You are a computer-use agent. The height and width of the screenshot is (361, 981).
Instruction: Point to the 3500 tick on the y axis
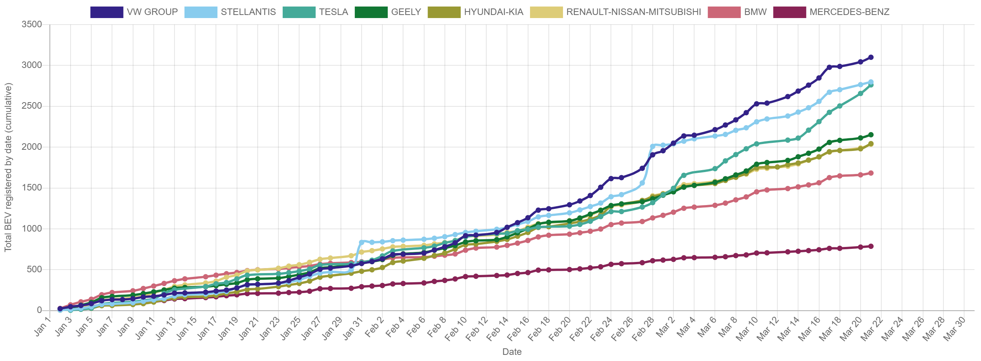32,24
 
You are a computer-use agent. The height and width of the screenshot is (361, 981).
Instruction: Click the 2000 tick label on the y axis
32,147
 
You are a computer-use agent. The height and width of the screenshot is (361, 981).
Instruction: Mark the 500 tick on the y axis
35,269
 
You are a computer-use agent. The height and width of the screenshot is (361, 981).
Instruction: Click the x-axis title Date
512,351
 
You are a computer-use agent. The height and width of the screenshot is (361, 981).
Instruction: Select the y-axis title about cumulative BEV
8,167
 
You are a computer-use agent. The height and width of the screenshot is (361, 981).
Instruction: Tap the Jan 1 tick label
43,327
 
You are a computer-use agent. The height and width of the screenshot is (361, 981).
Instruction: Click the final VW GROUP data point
871,57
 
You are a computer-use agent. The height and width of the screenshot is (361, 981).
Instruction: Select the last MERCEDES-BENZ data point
871,246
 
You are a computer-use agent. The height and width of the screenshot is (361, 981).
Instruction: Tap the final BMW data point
871,173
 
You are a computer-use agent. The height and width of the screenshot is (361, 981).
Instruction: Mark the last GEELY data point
871,135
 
